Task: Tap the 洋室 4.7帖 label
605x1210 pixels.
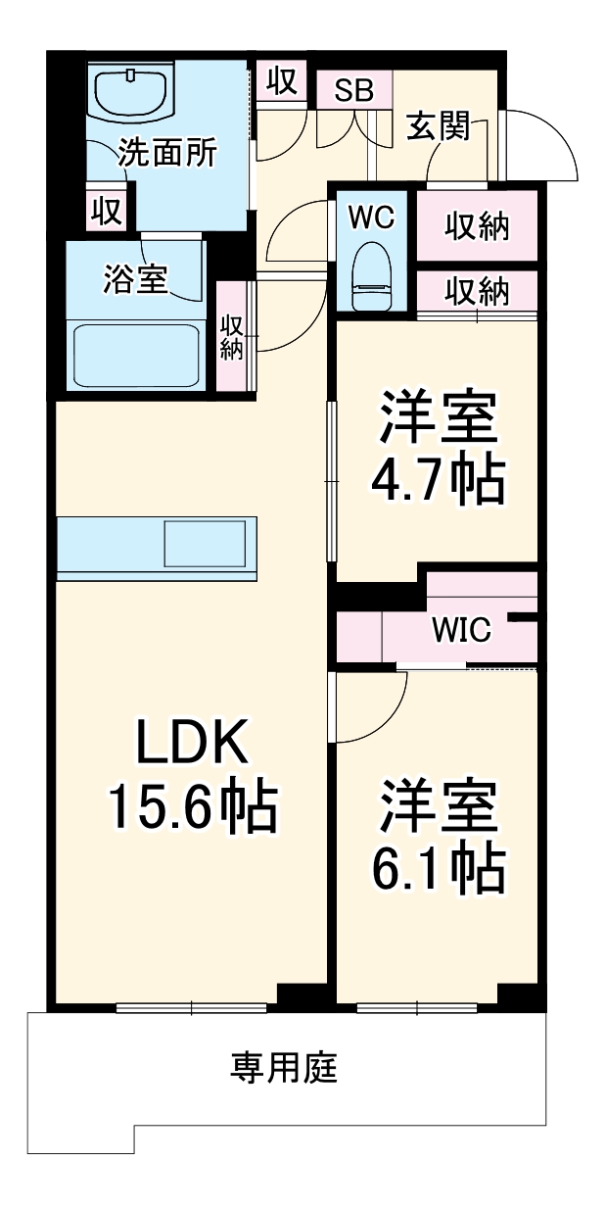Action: click(438, 449)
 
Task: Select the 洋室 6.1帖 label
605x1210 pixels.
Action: click(438, 837)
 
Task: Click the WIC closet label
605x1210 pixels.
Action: click(461, 630)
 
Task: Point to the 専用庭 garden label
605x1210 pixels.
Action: click(284, 1067)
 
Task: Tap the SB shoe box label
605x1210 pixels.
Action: click(353, 91)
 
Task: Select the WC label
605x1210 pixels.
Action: click(371, 218)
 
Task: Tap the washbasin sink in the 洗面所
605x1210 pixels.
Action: click(132, 93)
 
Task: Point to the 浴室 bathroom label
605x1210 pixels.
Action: click(135, 279)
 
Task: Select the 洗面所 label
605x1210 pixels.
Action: click(167, 154)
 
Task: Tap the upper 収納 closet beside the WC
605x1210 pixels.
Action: click(477, 226)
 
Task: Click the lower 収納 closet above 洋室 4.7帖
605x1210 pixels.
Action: click(477, 290)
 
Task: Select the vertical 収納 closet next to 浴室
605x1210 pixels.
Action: click(232, 337)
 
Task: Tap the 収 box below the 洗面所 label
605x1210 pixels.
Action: click(106, 209)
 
